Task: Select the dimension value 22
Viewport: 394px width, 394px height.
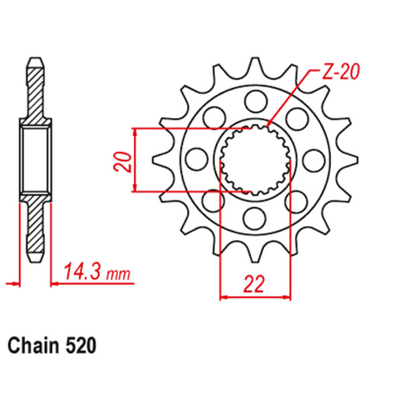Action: click(x=254, y=282)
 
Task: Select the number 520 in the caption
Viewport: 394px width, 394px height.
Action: click(x=84, y=345)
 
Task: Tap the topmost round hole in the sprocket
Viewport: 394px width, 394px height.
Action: click(x=254, y=100)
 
